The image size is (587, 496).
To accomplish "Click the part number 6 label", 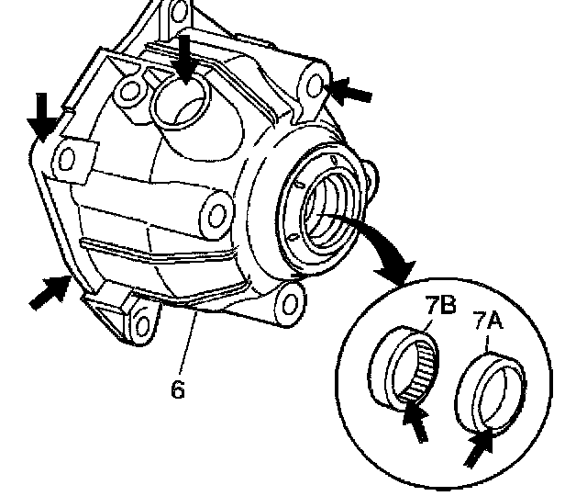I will coord(178,389).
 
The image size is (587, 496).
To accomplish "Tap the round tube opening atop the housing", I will coord(183,100).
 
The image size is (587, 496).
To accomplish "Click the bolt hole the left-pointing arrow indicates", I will coord(313,84).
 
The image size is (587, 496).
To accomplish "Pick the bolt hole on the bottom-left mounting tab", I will coord(139,323).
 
